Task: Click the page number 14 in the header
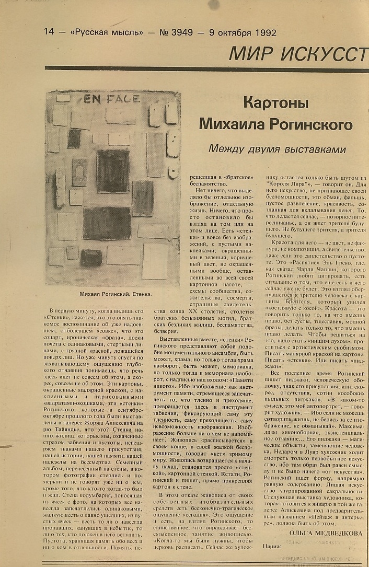(x=49, y=31)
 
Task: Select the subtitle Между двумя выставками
(x=277, y=149)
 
